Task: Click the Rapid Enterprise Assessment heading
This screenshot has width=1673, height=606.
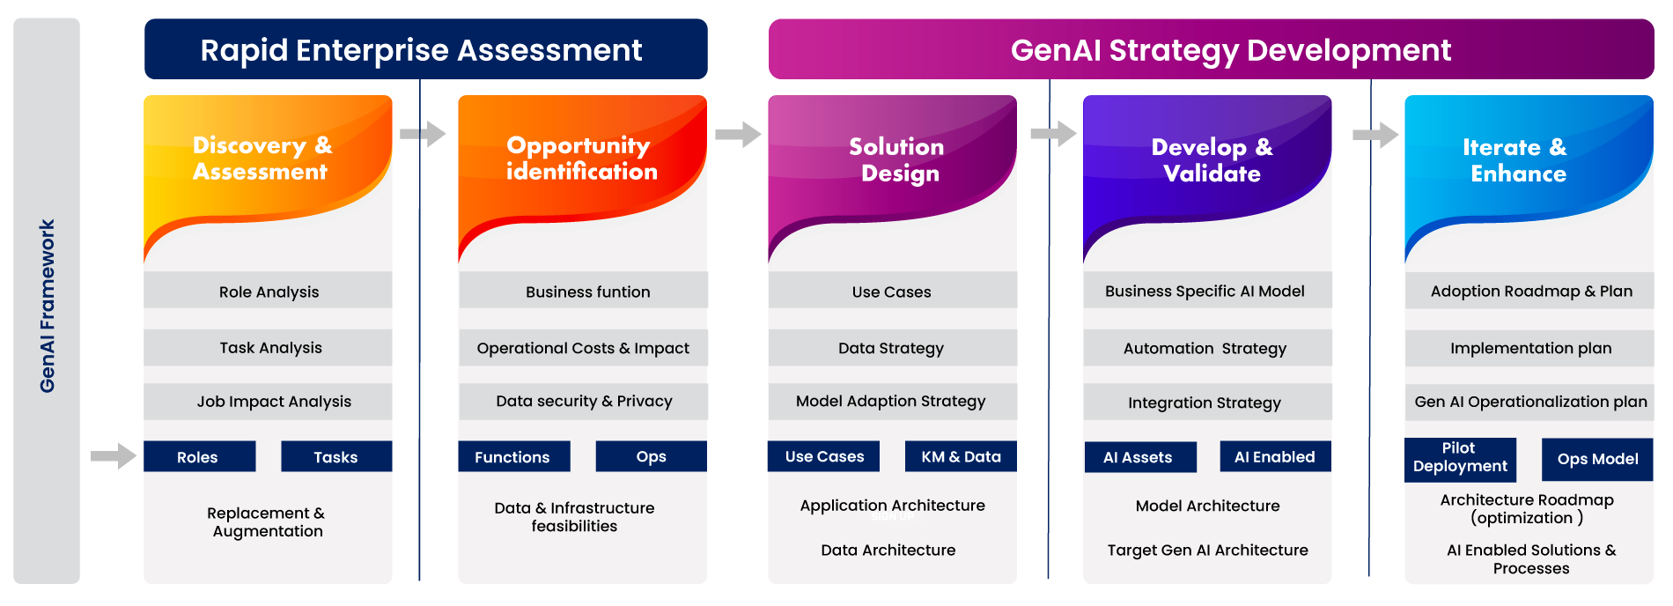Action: (421, 50)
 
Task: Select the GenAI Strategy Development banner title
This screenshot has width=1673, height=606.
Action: (1230, 50)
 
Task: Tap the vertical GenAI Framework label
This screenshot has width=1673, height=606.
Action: (48, 306)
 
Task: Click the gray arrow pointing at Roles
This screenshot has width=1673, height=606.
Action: (114, 456)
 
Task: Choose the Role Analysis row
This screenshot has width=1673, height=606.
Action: (269, 292)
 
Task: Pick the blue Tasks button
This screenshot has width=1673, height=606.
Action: (335, 456)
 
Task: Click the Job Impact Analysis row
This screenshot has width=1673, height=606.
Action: (273, 402)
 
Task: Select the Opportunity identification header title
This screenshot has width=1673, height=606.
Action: (581, 158)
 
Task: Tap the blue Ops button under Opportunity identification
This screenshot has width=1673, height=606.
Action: (651, 456)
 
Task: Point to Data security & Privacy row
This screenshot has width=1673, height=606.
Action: (583, 402)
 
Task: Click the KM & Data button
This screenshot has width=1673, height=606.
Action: (961, 456)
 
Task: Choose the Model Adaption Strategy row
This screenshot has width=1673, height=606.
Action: (890, 402)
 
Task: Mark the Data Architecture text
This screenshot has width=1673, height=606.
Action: (888, 550)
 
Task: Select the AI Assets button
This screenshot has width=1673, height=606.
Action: (1139, 457)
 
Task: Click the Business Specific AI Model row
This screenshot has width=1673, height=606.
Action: (1205, 292)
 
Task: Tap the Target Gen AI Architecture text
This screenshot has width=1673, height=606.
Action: (1207, 550)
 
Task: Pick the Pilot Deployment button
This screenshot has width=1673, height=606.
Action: (1459, 458)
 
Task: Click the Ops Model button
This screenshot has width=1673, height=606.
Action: (1597, 459)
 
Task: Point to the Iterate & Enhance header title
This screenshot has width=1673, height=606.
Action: (1516, 159)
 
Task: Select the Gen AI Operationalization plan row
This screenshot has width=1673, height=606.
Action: (1530, 402)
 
